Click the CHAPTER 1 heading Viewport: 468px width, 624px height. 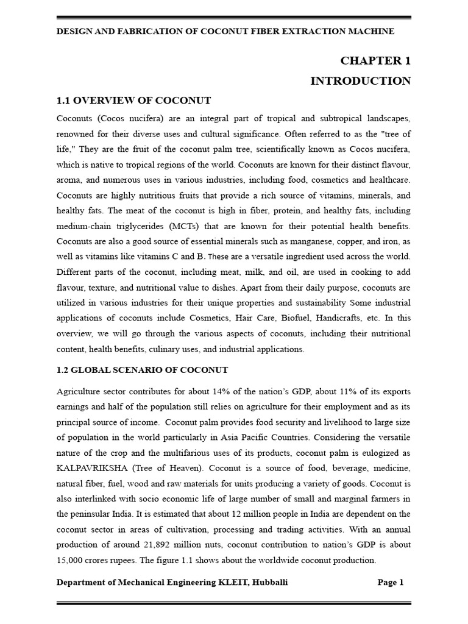(x=375, y=60)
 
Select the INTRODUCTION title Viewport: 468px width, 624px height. (x=361, y=81)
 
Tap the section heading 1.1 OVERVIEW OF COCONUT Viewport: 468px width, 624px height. (x=133, y=101)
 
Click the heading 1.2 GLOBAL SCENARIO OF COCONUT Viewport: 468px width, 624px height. (x=142, y=370)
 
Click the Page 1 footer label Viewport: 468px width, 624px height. (x=391, y=583)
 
